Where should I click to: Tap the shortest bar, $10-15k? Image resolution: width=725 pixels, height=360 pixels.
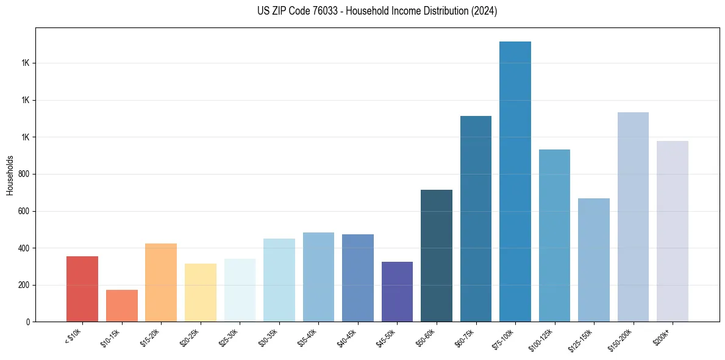[122, 306]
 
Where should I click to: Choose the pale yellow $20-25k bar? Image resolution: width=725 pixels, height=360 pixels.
[201, 292]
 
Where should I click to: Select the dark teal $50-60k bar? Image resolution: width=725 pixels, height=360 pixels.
[437, 256]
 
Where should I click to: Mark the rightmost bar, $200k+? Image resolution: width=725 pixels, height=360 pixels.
[673, 231]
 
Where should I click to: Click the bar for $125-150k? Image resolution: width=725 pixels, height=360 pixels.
[594, 260]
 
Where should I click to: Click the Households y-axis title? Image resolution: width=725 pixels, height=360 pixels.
[10, 175]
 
